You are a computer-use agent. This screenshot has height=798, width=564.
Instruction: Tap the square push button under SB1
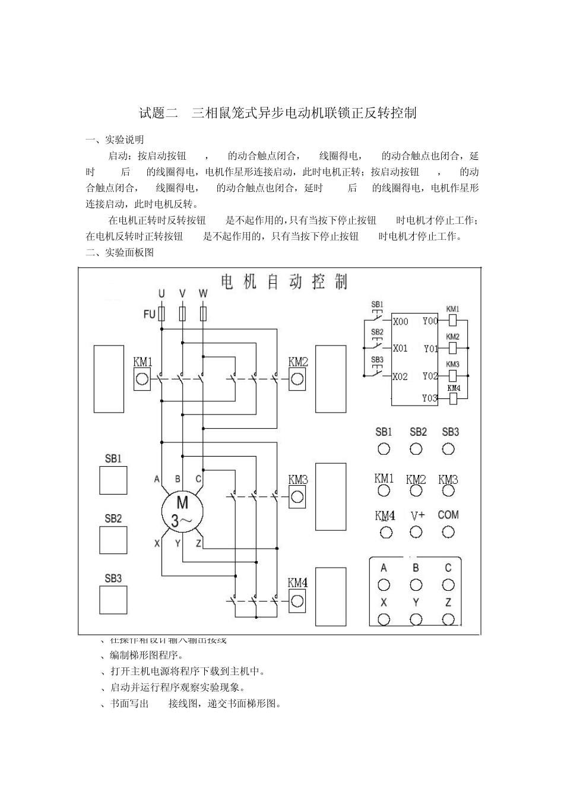(113, 480)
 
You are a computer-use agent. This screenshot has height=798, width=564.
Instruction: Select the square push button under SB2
(113, 540)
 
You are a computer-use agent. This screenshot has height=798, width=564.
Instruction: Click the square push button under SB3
(113, 600)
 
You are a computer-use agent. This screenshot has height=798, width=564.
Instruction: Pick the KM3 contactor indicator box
(297, 498)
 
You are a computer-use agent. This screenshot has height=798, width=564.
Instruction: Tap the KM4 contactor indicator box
(297, 601)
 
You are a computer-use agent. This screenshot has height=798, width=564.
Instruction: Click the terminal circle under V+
(416, 532)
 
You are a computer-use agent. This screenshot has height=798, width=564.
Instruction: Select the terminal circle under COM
(448, 532)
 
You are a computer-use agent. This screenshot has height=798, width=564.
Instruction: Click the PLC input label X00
(401, 322)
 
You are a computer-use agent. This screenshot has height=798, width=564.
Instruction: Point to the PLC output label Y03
(430, 398)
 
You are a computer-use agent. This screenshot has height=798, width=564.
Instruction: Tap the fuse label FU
(149, 314)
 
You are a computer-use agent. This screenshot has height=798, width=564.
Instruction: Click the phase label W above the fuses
(203, 294)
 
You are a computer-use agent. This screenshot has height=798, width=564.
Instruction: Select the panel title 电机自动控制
(284, 281)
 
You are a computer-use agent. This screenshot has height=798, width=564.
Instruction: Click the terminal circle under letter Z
(448, 620)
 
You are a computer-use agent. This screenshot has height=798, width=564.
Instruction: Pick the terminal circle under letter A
(384, 585)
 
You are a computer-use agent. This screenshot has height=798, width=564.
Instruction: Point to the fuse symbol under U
(161, 313)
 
